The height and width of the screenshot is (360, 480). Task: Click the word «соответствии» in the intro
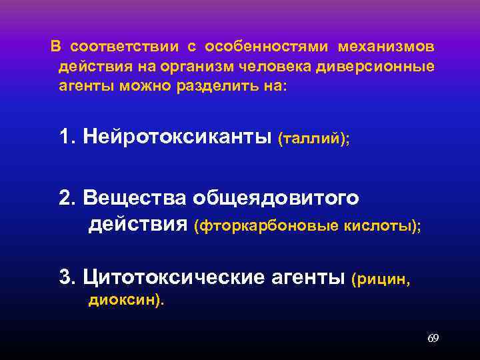click(125, 47)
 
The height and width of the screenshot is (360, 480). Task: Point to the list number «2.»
click(67, 198)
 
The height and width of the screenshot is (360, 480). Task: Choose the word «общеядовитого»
click(276, 198)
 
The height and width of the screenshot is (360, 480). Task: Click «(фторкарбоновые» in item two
click(266, 227)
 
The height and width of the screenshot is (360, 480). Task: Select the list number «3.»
click(67, 277)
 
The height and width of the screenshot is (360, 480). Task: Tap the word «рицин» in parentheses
click(383, 278)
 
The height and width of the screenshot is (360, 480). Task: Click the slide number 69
click(433, 339)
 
